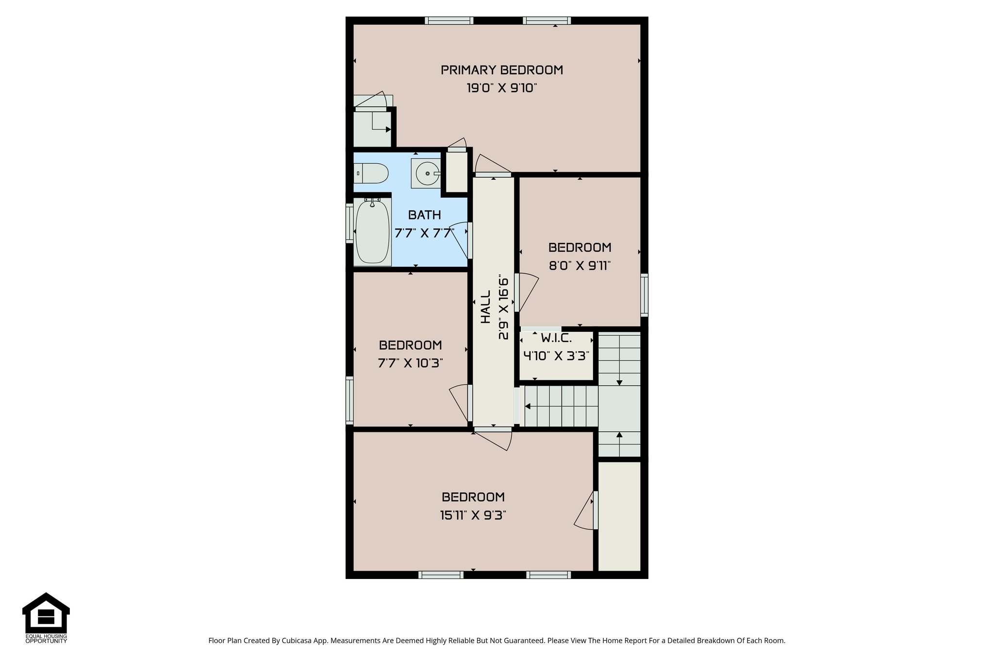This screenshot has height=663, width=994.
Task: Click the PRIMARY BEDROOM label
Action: click(x=501, y=70)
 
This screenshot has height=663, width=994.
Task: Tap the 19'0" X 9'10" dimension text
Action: click(x=501, y=88)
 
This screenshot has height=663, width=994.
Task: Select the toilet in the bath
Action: click(x=371, y=173)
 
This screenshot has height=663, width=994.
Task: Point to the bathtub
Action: click(x=372, y=232)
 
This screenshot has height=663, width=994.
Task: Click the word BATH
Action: click(x=424, y=215)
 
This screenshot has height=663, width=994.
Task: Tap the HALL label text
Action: click(x=486, y=306)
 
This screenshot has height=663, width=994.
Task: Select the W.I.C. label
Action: click(x=556, y=339)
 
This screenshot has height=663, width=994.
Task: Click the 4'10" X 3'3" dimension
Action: click(x=556, y=356)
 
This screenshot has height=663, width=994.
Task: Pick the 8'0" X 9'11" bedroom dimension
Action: click(x=580, y=266)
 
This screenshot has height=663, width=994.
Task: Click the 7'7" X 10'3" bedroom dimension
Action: click(x=410, y=363)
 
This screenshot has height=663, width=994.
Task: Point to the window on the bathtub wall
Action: click(x=349, y=223)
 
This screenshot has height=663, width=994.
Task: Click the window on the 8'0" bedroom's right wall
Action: click(x=644, y=294)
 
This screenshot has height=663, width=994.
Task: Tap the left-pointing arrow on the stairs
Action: click(x=528, y=406)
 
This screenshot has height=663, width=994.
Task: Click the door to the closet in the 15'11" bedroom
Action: click(x=585, y=510)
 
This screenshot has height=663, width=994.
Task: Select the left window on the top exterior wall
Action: click(x=448, y=20)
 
